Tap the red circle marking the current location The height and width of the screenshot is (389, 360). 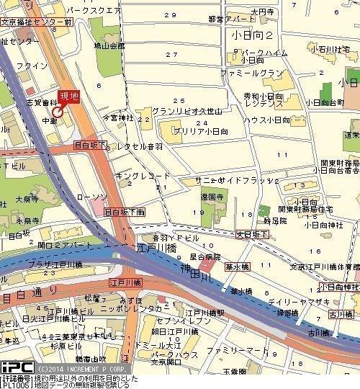[58, 111]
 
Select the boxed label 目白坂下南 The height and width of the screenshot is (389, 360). [125, 212]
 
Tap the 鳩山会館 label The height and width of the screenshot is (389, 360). [109, 45]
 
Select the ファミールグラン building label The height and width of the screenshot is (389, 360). [252, 73]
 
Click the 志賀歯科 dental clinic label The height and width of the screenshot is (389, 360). [44, 103]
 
